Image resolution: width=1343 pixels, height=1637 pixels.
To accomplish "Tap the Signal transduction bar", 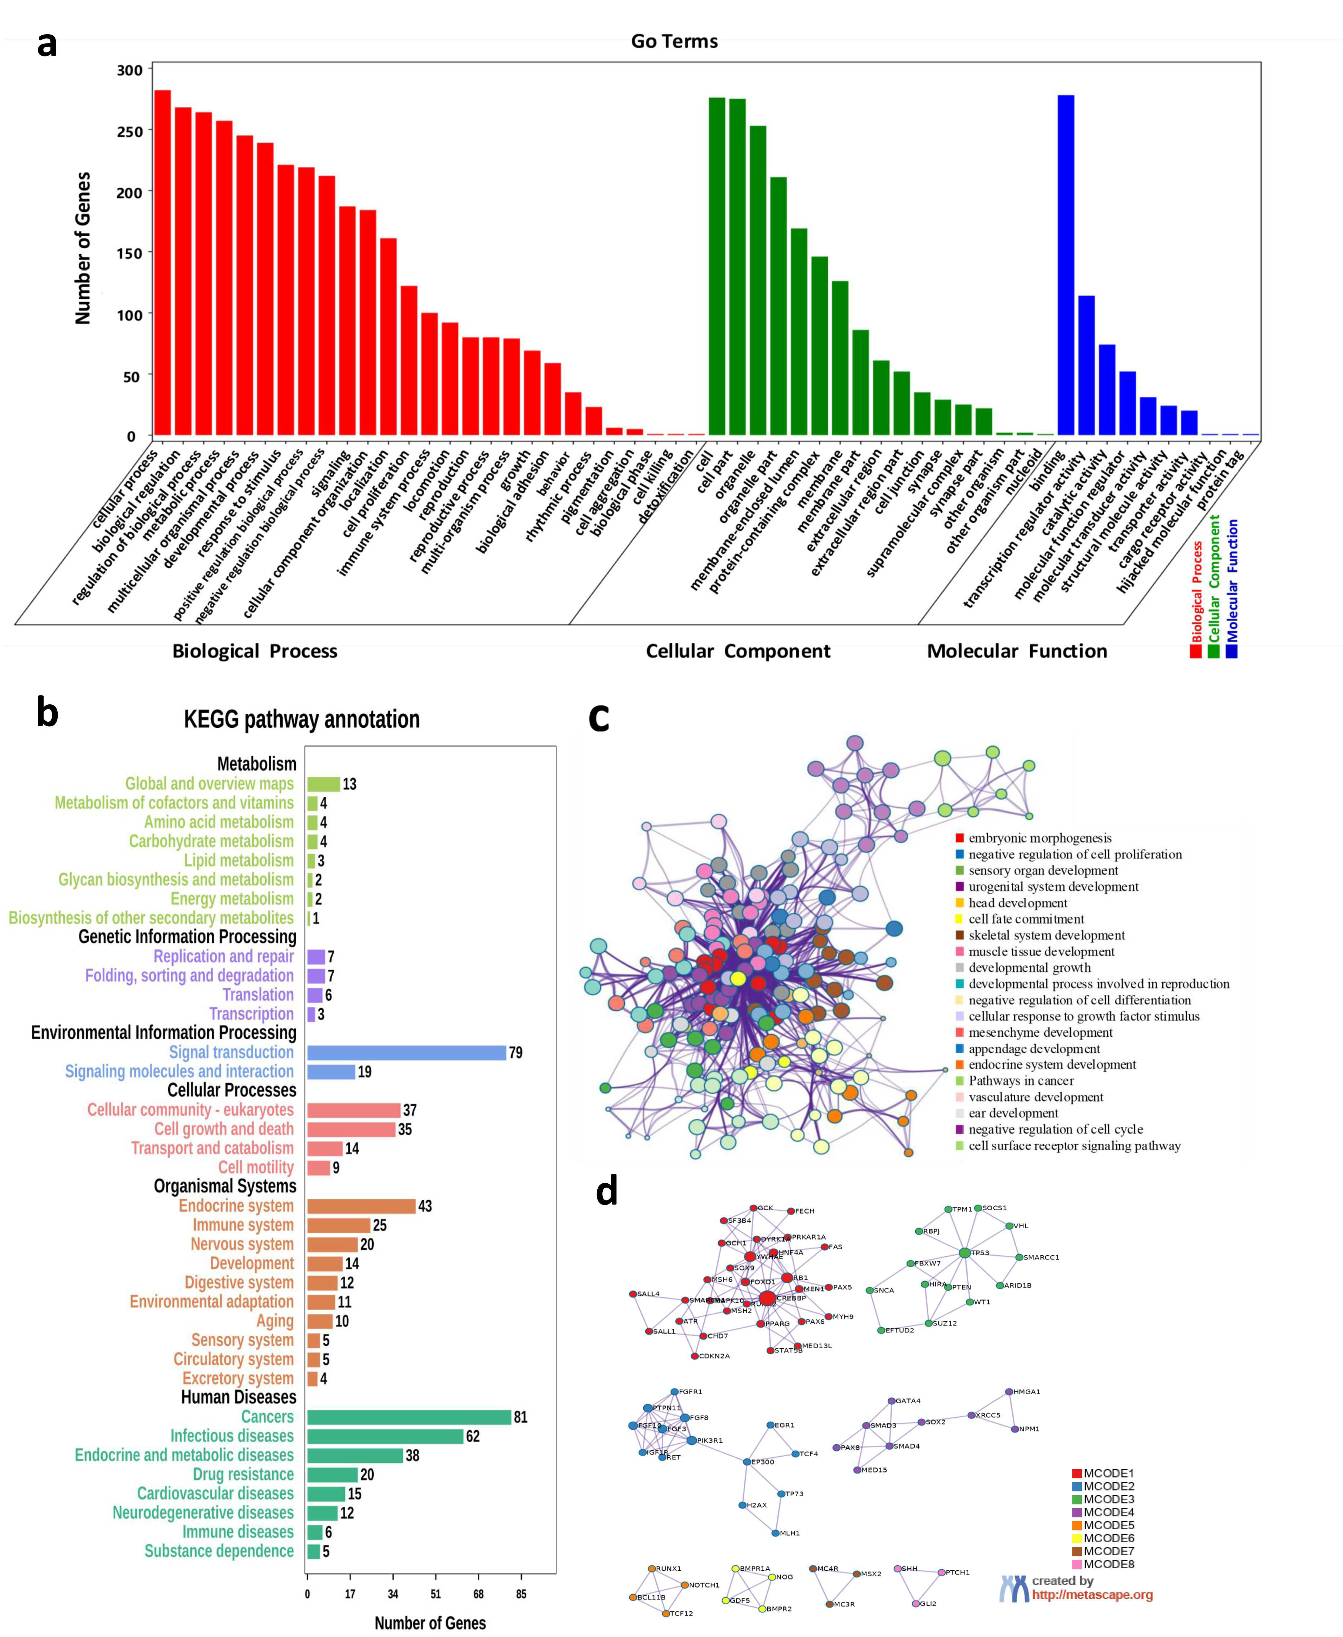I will (x=406, y=1053).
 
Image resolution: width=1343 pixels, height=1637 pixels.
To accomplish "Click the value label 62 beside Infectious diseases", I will (x=473, y=1436).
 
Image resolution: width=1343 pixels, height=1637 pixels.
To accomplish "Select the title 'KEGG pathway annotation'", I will (x=302, y=719).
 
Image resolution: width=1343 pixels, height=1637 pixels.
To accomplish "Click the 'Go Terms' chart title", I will (x=674, y=41).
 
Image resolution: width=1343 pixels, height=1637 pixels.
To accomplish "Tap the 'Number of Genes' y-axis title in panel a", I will (x=83, y=247).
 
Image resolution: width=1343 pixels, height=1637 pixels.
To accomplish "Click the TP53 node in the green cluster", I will (x=964, y=1253).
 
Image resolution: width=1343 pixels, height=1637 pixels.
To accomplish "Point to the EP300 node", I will (x=746, y=1462).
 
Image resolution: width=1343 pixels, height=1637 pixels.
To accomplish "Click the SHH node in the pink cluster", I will (x=897, y=1568).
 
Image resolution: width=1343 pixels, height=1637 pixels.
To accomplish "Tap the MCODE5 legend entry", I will (x=1108, y=1525).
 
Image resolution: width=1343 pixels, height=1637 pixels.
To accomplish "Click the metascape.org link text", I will (x=1092, y=1595).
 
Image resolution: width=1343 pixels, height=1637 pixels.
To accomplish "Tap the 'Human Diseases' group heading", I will (x=238, y=1397).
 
